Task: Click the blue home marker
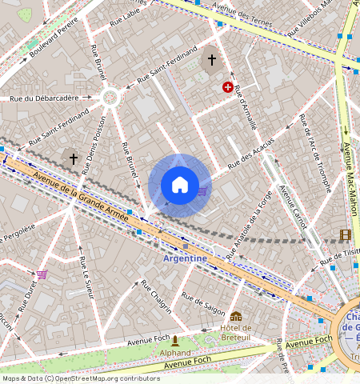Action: point(180,186)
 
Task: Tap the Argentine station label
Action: point(185,258)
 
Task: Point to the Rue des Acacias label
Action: point(250,154)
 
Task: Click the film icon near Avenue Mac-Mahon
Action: point(345,234)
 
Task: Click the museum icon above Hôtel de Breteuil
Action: point(235,317)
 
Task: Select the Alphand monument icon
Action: point(175,341)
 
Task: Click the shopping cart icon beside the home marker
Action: point(202,191)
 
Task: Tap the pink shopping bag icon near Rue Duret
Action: point(42,274)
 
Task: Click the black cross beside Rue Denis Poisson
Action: point(74,159)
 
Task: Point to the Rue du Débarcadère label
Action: point(44,98)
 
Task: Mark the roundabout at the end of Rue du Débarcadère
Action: point(110,98)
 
